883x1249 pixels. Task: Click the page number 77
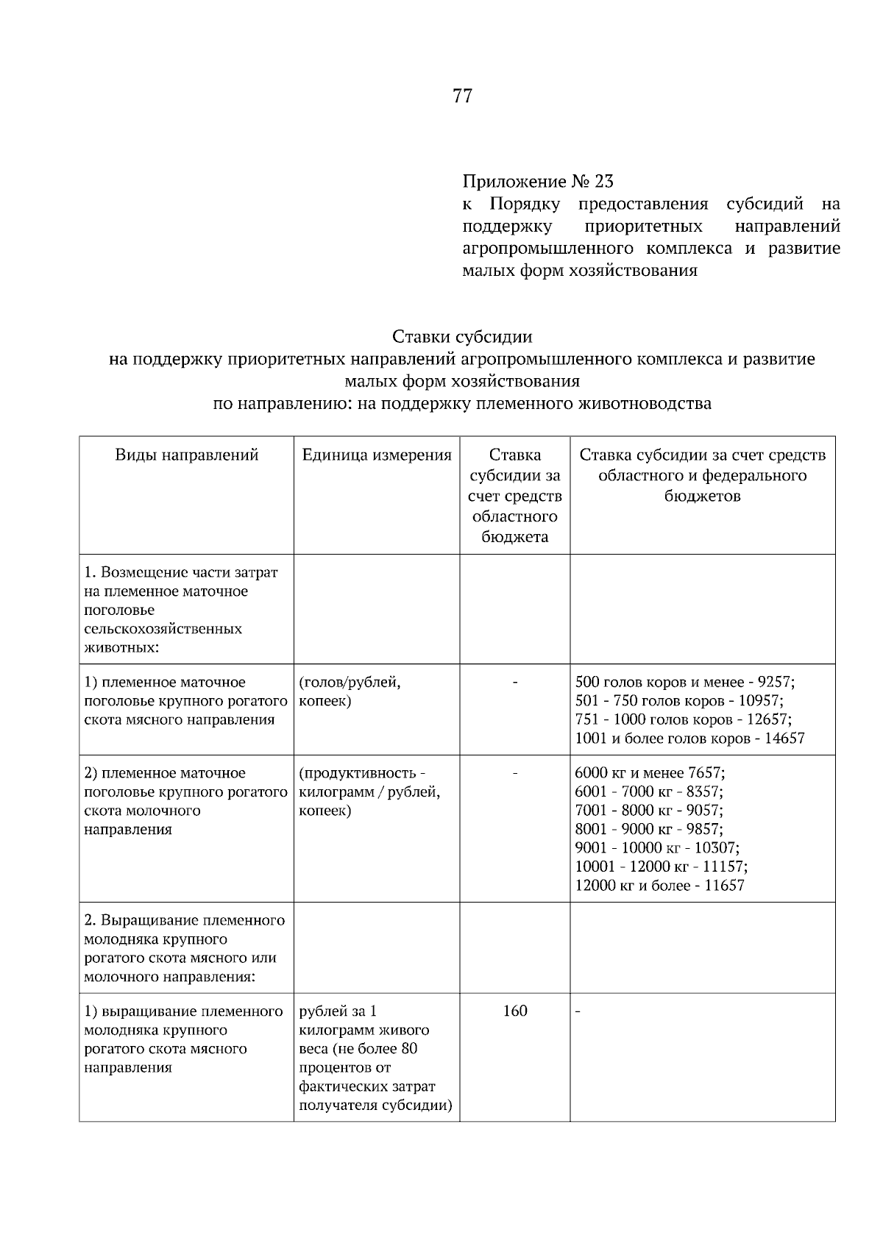[462, 96]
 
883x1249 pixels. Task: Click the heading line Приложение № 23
[537, 181]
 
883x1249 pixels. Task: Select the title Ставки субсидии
[462, 337]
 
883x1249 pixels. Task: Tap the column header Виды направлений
[187, 455]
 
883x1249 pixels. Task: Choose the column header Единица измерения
[377, 455]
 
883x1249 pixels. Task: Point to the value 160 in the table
[515, 1011]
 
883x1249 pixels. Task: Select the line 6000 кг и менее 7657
[650, 773]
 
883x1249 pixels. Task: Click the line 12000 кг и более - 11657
[659, 886]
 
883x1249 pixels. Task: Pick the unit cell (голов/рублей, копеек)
[350, 691]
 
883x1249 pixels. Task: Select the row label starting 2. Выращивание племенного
[185, 948]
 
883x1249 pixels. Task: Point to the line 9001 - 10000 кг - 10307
[657, 848]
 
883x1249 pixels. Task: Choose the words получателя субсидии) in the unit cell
[375, 1105]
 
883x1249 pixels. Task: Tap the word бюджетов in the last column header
[702, 496]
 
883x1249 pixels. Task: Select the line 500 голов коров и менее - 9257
[685, 682]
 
